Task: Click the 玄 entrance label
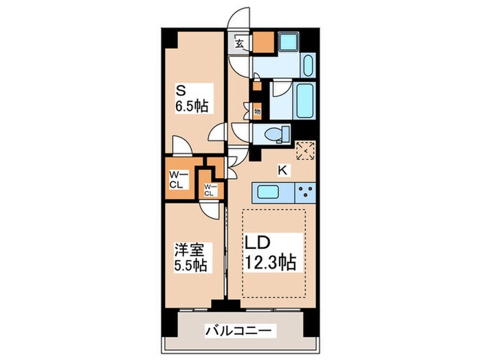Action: [240, 43]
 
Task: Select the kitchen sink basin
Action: [273, 191]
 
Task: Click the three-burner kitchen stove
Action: [304, 191]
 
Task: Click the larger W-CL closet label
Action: [175, 179]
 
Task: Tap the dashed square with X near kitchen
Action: [304, 150]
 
